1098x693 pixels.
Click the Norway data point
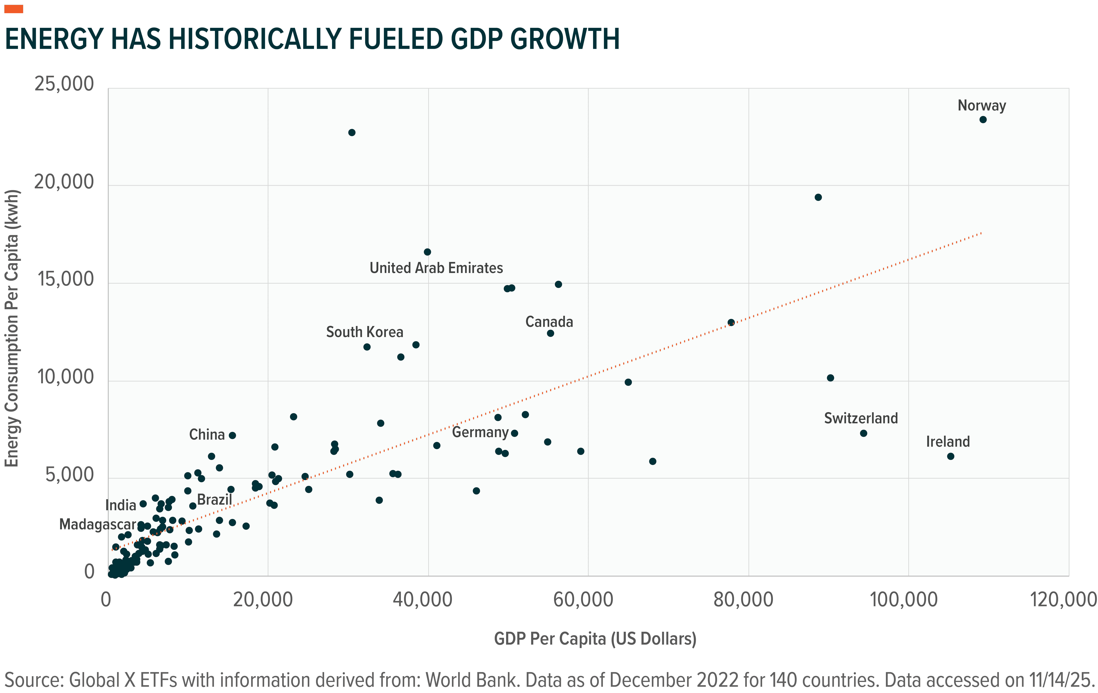(983, 119)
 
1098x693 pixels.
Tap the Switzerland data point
(863, 433)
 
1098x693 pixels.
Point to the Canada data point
(550, 333)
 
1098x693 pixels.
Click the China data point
(232, 435)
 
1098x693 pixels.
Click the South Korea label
(364, 332)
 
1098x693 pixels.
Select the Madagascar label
(97, 524)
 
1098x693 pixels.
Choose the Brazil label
(214, 500)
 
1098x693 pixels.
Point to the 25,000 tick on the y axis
(64, 84)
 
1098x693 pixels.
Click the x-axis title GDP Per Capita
(595, 639)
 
